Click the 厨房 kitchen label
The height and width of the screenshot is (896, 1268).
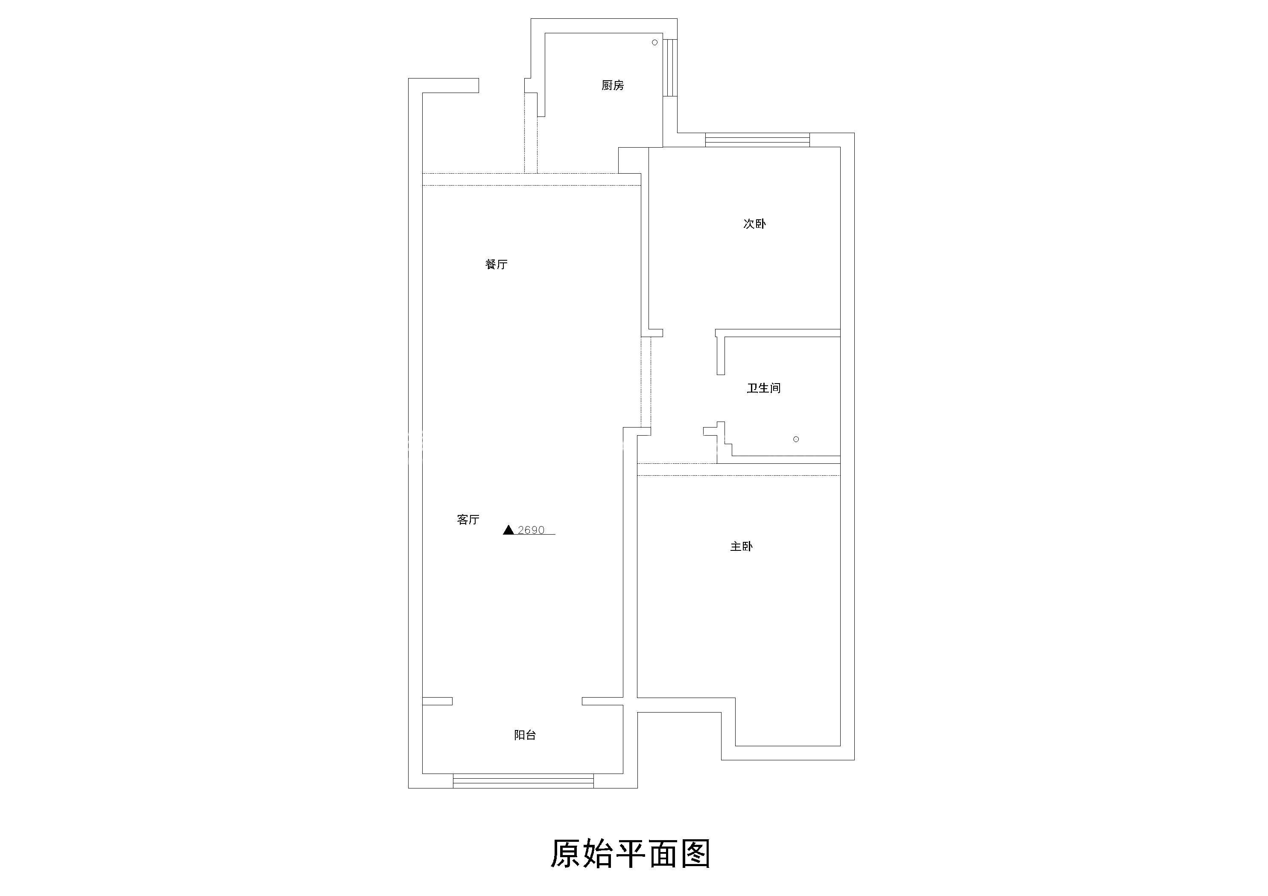coord(613,86)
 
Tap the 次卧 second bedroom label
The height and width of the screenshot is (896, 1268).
coord(754,224)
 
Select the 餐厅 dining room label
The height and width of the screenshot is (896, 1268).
coord(496,265)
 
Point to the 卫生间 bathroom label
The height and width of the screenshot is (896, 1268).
coord(764,388)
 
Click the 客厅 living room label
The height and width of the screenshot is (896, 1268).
coord(468,520)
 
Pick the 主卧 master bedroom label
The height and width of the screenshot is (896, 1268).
coord(741,547)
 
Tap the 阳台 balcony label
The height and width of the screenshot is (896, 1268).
coord(525,735)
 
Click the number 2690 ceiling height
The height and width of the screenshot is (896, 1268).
coord(531,530)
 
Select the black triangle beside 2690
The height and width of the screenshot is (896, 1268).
coord(508,530)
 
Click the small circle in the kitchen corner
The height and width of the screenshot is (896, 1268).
coord(654,43)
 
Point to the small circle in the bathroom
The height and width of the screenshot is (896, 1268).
coord(796,439)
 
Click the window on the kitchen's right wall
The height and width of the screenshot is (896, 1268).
coord(670,67)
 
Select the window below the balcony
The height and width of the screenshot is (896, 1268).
coord(523,781)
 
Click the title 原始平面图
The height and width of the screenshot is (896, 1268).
coord(630,853)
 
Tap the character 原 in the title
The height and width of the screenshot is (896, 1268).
coord(566,853)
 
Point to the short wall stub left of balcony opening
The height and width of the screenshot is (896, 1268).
coord(437,701)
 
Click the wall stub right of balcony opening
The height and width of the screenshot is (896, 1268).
coord(602,701)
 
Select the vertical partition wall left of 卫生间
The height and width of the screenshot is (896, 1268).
coord(720,353)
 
